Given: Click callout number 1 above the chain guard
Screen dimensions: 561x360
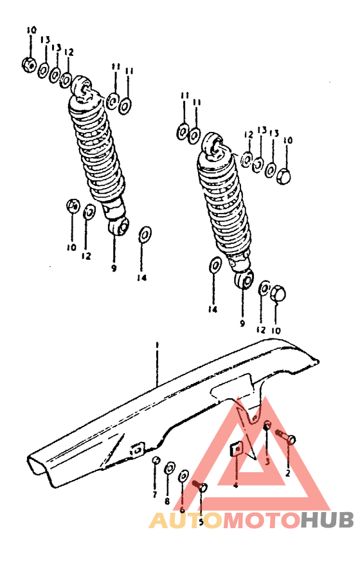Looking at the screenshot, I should [x=156, y=347].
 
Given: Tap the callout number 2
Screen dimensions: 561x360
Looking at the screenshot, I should [x=288, y=473].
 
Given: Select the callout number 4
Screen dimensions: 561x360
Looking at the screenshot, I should [x=235, y=484].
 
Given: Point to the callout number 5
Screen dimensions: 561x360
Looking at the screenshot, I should [x=201, y=522].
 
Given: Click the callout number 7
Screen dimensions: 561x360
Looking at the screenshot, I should [x=154, y=494].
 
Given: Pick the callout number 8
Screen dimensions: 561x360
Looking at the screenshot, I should [x=167, y=501].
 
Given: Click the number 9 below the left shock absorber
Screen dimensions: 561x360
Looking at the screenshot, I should [x=113, y=268].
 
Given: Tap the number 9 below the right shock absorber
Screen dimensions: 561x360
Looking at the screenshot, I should [x=242, y=323].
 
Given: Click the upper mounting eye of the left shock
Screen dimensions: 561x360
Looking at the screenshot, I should [x=82, y=85].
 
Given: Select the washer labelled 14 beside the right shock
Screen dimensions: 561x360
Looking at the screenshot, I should [x=215, y=264].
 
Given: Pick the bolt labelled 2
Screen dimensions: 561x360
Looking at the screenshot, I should [x=285, y=437].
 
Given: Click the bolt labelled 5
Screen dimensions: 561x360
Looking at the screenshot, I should [x=197, y=486].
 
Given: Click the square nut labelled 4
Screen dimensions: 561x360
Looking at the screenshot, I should [x=235, y=448].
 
